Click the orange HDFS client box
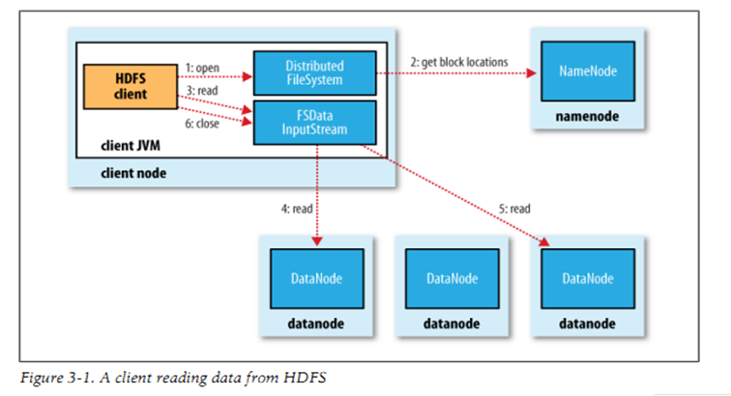click(125, 86)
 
